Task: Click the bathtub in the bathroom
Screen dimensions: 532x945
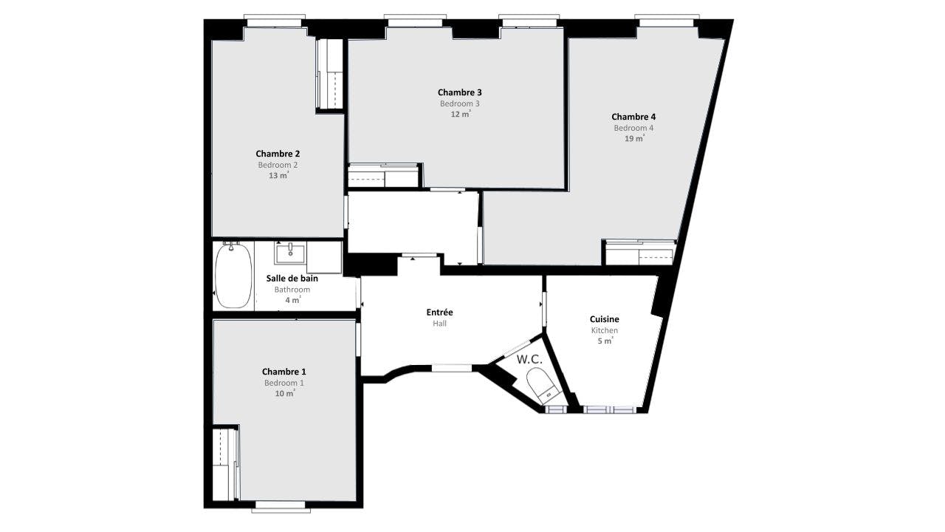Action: click(x=233, y=276)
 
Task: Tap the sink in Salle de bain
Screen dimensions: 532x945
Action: click(x=290, y=253)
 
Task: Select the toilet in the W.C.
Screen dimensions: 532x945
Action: click(x=541, y=386)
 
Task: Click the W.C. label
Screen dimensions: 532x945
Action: click(x=529, y=360)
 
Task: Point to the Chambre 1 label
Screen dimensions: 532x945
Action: click(x=283, y=372)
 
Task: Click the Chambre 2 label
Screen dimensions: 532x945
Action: click(x=278, y=154)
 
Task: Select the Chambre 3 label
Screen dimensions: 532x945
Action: click(x=459, y=92)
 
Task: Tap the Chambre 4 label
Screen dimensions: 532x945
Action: click(x=633, y=117)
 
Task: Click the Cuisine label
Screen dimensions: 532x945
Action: click(x=604, y=319)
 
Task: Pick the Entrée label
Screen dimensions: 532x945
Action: click(x=439, y=313)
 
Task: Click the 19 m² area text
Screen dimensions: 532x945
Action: click(x=634, y=138)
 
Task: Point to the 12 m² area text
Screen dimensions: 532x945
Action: click(x=460, y=115)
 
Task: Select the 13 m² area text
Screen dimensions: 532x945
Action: click(x=278, y=176)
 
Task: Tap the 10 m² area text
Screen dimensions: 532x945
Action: click(x=284, y=394)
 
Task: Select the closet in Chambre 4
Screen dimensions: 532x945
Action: click(x=639, y=253)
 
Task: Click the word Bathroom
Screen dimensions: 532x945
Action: click(x=292, y=290)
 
